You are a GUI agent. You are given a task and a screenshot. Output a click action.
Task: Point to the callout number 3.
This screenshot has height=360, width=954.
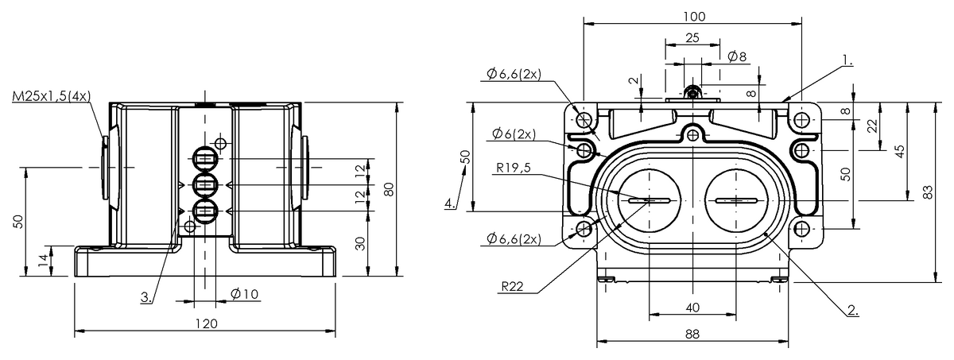(146, 297)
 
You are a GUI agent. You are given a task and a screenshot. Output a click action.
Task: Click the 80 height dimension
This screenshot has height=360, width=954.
(389, 189)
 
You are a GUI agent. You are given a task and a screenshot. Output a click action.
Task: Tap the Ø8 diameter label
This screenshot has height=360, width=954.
(737, 56)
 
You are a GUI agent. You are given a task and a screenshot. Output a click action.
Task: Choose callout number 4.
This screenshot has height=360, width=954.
(451, 203)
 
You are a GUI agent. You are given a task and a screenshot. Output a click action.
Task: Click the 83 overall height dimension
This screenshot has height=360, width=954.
(929, 192)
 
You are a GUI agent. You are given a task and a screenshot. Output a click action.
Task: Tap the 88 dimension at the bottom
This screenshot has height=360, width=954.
(692, 335)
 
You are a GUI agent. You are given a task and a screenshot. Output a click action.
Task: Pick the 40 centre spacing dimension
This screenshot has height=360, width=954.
(692, 308)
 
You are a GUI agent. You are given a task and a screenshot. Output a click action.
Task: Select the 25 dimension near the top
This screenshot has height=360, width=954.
(692, 37)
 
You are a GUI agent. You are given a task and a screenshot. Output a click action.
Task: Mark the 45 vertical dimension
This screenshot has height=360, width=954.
(900, 151)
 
